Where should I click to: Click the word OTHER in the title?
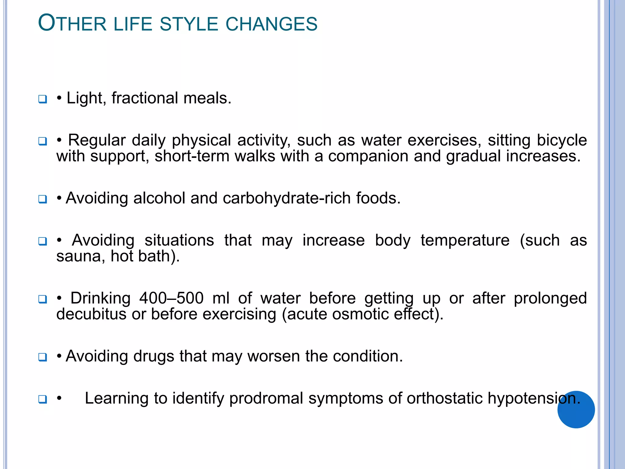point(72,24)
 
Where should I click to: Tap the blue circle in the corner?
point(576,409)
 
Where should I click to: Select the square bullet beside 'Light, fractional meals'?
point(43,99)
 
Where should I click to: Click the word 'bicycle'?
point(562,140)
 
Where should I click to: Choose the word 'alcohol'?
point(159,198)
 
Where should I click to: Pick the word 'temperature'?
point(465,240)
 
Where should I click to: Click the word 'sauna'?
point(78,256)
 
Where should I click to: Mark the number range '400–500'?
point(171,298)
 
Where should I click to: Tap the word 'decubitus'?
point(91,314)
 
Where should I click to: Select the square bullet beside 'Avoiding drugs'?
point(43,357)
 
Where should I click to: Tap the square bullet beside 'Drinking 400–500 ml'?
point(43,299)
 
